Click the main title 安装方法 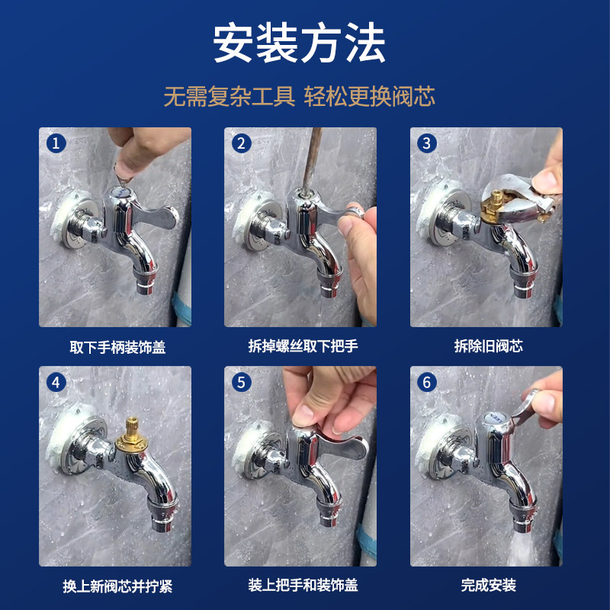coord(299,43)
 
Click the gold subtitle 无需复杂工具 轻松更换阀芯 coord(299,96)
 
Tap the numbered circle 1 coord(56,143)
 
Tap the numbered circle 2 coord(241,143)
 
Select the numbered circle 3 coord(427,143)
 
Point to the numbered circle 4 coord(56,383)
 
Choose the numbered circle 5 coord(241,383)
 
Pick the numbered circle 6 coord(427,383)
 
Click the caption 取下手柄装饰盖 coord(117,347)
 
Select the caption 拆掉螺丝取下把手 coord(303,346)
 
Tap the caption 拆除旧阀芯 coord(488,346)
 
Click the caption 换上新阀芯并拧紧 coord(117,586)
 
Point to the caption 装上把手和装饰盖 coord(303,585)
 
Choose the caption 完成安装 coord(488,585)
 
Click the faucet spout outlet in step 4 coord(162,522)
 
